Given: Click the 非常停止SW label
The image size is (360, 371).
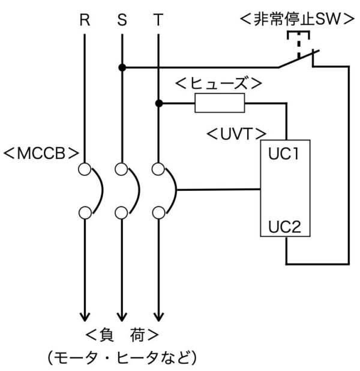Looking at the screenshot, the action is click(x=297, y=19).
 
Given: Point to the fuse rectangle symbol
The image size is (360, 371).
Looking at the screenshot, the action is click(x=220, y=103).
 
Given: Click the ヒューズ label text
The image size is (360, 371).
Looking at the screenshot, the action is click(x=219, y=83).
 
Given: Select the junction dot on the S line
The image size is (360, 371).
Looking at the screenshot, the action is click(x=122, y=68).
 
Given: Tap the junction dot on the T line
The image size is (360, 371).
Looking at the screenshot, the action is click(x=159, y=103).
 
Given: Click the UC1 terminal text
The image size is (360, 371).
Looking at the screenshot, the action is click(x=283, y=154).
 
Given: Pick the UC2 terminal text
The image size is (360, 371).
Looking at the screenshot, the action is click(x=284, y=227).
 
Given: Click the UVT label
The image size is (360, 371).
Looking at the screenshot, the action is click(x=236, y=134).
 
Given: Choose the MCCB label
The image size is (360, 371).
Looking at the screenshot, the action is click(x=41, y=153).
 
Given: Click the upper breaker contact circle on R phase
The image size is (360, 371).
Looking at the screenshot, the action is click(x=85, y=169).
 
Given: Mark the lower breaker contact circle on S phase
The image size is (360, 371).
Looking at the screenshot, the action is click(x=122, y=213).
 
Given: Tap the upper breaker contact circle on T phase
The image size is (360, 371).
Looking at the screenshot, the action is click(x=158, y=169).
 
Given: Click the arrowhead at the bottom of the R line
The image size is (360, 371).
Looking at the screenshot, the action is click(x=85, y=317).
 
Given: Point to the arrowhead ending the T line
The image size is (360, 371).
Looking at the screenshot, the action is click(x=159, y=317).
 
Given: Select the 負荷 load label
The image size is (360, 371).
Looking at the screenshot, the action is click(x=122, y=335).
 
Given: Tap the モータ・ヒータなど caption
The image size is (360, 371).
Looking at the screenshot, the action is click(x=122, y=357).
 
